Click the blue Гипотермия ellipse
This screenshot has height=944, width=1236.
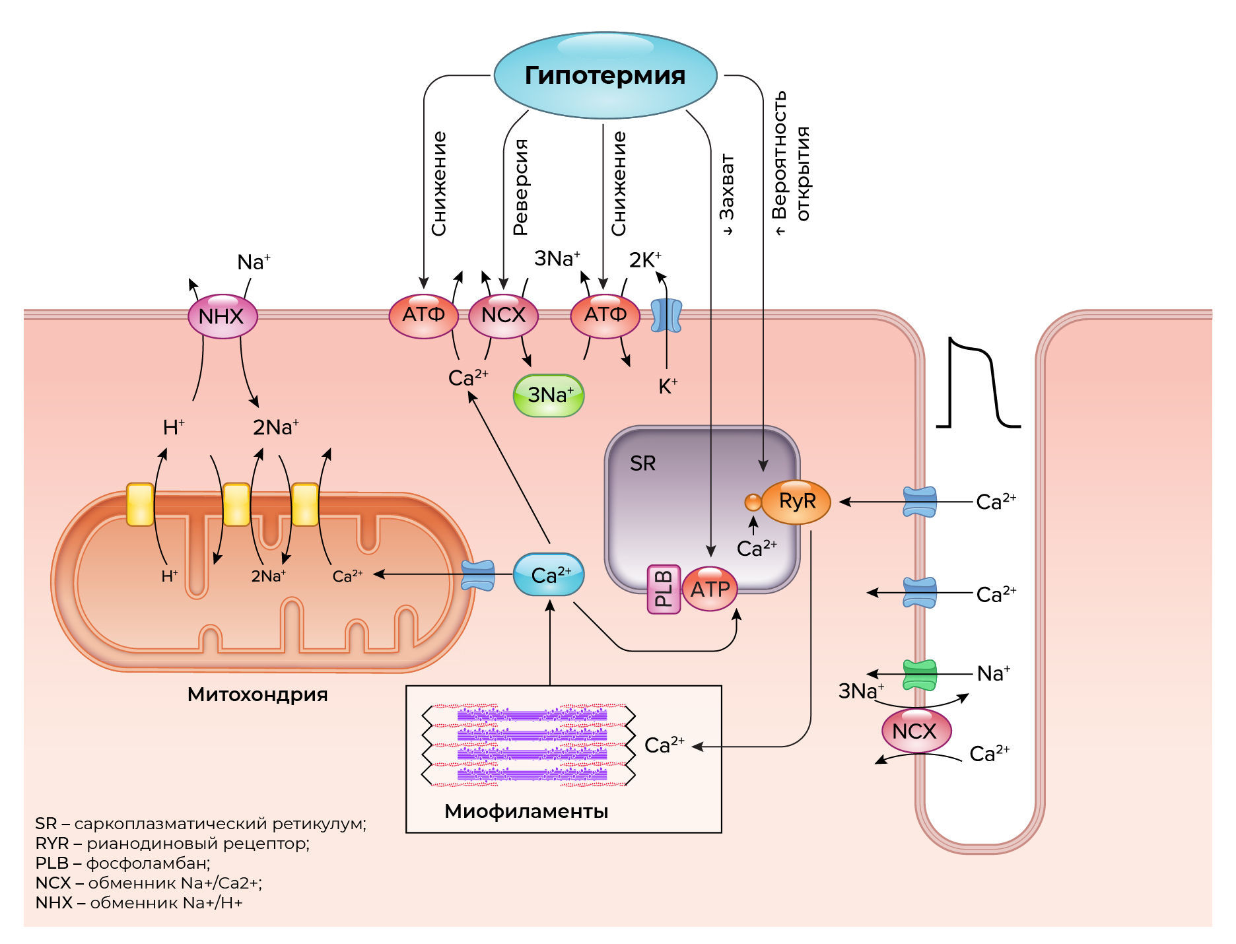[x=605, y=75]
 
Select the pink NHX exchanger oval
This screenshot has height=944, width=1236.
[x=223, y=316]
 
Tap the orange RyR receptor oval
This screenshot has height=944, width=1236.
[x=796, y=502]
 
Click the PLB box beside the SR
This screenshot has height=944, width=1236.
[x=664, y=589]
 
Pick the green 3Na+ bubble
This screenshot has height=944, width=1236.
[x=549, y=395]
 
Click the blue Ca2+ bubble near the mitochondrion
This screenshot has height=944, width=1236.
[x=549, y=575]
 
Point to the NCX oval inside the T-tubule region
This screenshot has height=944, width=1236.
[x=916, y=731]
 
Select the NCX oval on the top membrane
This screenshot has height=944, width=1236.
[x=503, y=316]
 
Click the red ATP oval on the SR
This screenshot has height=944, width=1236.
[x=710, y=589]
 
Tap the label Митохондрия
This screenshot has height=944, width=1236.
[x=257, y=694]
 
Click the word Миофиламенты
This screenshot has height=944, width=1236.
[x=526, y=811]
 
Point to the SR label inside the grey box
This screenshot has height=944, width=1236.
[x=642, y=463]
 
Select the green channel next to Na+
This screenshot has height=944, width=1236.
[x=920, y=675]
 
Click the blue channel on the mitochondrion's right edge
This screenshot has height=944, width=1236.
[x=477, y=575]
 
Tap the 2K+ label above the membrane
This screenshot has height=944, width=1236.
[x=644, y=260]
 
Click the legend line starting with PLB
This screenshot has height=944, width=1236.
[x=123, y=863]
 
